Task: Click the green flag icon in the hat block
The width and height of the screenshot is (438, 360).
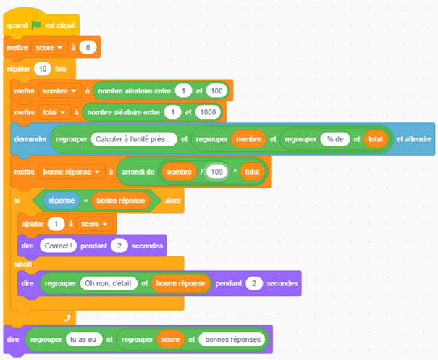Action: [x=35, y=26]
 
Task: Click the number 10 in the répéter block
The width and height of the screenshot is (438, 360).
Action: [x=42, y=69]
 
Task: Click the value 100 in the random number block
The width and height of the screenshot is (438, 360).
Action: [x=216, y=91]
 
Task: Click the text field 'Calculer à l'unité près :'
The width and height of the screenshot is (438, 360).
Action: [x=135, y=139]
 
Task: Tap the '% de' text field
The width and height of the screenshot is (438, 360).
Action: [x=334, y=139]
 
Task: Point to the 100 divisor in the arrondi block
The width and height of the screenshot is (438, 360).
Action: [x=216, y=172]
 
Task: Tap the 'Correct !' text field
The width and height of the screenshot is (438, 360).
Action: [x=59, y=246]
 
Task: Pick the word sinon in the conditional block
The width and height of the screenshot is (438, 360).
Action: [x=23, y=264]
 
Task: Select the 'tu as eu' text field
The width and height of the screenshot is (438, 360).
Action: [x=84, y=339]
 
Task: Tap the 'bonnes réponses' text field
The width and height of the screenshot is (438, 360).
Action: [x=233, y=339]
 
